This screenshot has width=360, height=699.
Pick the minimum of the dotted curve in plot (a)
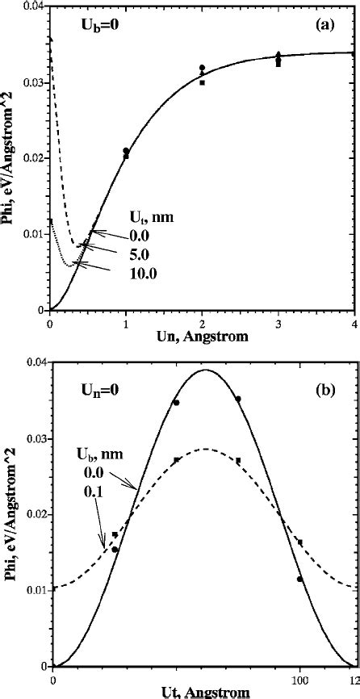tap(70, 264)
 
